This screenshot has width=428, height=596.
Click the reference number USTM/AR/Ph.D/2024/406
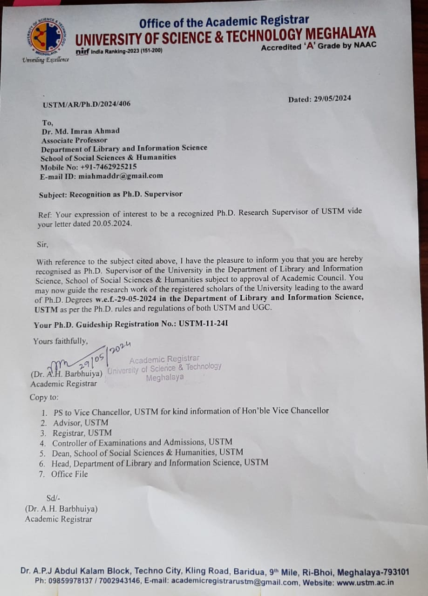tap(87, 104)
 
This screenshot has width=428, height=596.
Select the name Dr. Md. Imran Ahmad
tap(81, 131)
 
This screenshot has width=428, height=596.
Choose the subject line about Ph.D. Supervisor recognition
tap(111, 194)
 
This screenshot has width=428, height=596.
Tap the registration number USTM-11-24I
tap(203, 324)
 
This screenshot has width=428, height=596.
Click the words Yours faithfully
tap(61, 341)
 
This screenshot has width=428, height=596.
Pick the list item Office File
tap(69, 474)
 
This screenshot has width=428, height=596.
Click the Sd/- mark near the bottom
tap(54, 498)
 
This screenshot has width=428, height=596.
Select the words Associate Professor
tap(75, 140)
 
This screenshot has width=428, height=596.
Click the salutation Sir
tap(42, 244)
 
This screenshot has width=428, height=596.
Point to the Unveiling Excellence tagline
tap(46, 59)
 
